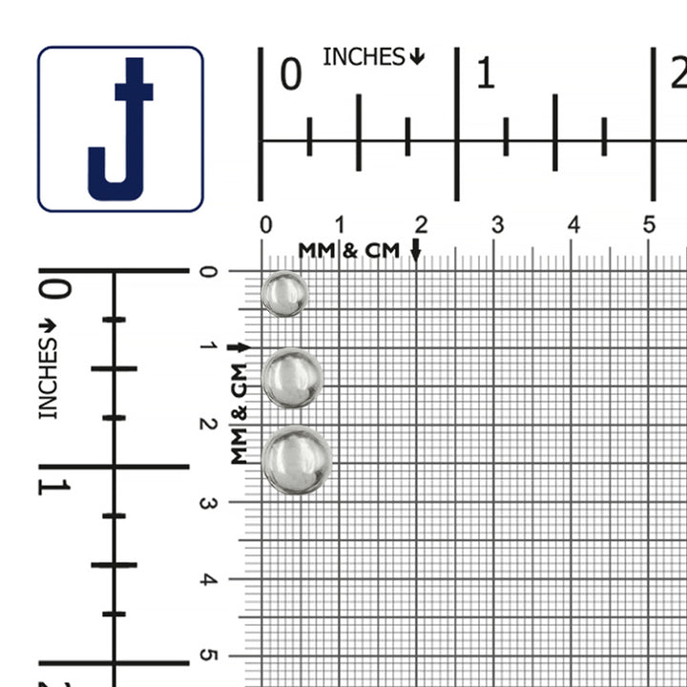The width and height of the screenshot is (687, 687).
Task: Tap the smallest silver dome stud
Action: click(284, 294)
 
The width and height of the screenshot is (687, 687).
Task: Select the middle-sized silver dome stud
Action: click(292, 378)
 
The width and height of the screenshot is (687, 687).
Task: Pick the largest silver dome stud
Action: click(297, 460)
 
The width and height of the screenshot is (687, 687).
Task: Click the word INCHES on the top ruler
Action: click(364, 57)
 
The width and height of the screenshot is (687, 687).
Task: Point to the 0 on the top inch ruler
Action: click(291, 74)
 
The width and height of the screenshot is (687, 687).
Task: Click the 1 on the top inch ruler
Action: click(486, 73)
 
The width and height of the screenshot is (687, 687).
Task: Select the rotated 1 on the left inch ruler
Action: click(53, 488)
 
